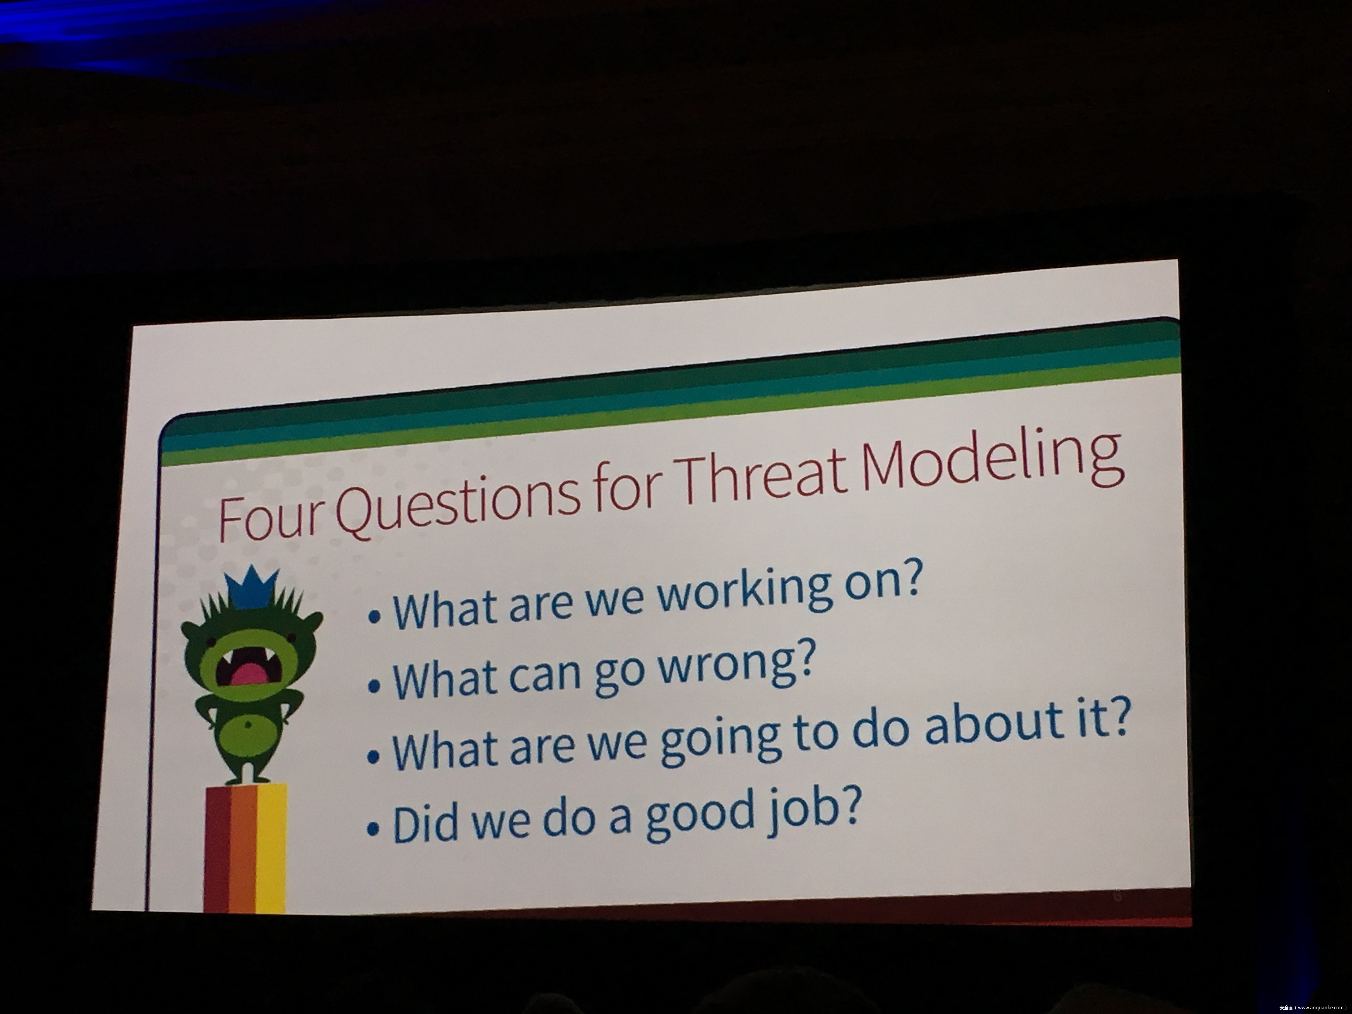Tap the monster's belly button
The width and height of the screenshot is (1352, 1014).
247,725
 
